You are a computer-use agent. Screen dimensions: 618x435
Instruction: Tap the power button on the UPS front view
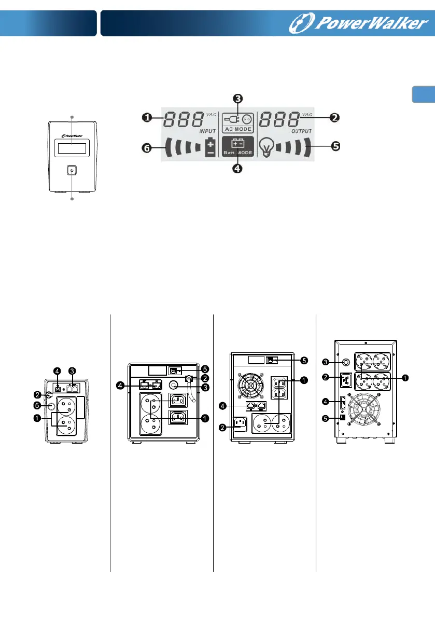pyautogui.click(x=72, y=170)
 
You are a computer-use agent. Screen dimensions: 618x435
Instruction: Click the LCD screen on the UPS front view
pyautogui.click(x=72, y=148)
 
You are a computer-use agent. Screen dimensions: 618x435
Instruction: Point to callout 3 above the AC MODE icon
pyautogui.click(x=238, y=98)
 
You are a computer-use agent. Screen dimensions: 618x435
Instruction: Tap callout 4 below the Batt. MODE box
pyautogui.click(x=237, y=169)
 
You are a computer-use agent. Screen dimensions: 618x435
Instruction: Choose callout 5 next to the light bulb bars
pyautogui.click(x=335, y=146)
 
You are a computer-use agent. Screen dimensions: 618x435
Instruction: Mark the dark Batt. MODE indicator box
pyautogui.click(x=237, y=147)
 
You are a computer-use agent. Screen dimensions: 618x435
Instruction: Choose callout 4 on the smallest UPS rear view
pyautogui.click(x=57, y=371)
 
